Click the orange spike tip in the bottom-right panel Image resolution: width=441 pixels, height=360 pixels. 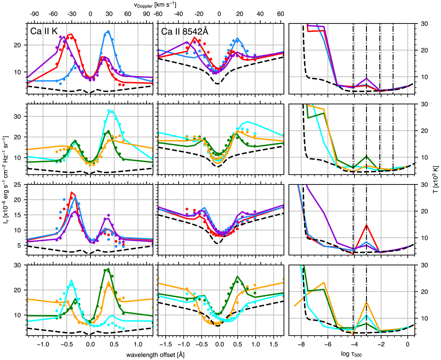pos(366,302)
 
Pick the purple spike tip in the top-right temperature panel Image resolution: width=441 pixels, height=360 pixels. pos(366,79)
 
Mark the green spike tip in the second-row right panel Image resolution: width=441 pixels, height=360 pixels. pos(366,156)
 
